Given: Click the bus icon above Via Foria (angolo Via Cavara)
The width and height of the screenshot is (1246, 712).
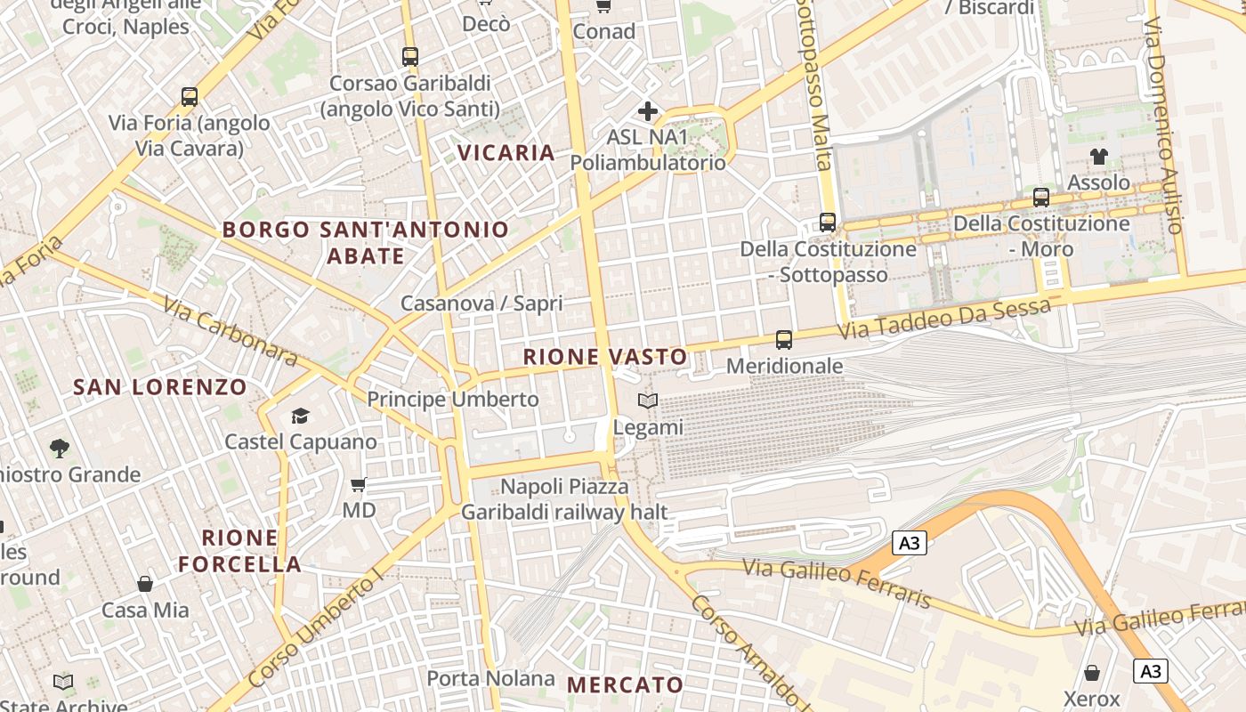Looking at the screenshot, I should point(189,97).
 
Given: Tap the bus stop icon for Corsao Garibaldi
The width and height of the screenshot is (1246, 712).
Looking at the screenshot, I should point(409,57).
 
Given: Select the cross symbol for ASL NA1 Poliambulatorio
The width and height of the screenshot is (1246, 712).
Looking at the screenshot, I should point(648,111).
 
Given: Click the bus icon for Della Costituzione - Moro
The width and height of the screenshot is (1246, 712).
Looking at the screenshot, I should point(1040,198).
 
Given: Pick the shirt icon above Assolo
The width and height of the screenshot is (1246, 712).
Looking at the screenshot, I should point(1098,157).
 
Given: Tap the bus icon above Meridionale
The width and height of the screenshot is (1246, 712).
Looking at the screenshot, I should point(783,339).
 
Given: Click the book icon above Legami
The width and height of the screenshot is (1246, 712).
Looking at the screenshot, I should point(648,401).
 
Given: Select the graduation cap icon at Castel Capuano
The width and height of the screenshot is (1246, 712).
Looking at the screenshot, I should point(300,416).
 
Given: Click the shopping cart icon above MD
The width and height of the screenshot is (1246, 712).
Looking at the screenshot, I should point(359,484).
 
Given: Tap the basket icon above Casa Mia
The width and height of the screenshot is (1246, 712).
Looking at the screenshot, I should point(145,584).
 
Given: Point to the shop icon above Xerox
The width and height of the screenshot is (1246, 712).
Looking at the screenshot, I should point(1092,673).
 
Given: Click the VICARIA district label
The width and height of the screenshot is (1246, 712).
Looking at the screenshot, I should point(506,152).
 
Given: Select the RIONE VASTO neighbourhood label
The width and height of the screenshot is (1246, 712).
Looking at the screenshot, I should point(605,357).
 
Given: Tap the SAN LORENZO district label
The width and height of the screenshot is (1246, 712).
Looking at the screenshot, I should point(160,387).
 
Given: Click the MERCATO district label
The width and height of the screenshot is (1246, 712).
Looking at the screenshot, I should point(625,684).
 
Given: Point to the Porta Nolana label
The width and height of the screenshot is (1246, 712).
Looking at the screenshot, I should point(490,678).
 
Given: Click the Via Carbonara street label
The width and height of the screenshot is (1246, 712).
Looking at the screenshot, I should point(230,330).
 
